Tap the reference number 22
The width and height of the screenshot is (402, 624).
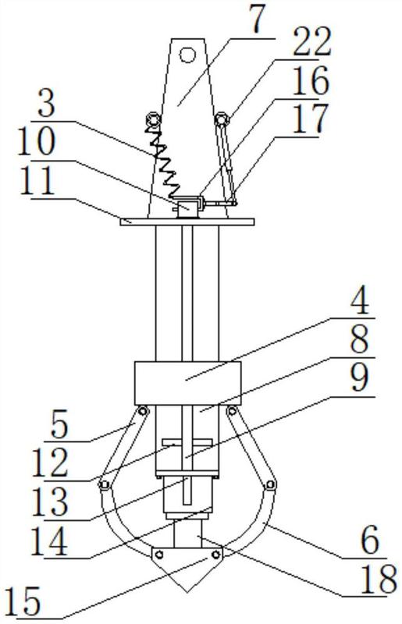pyautogui.click(x=312, y=41)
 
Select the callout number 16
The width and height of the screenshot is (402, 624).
pyautogui.click(x=311, y=80)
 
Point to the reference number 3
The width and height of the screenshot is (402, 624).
pyautogui.click(x=47, y=102)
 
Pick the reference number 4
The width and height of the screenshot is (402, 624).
pyautogui.click(x=360, y=300)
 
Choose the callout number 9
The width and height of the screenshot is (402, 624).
pyautogui.click(x=360, y=378)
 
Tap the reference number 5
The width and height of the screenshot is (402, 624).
pyautogui.click(x=59, y=425)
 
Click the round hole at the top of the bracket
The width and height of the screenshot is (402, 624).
pyautogui.click(x=187, y=54)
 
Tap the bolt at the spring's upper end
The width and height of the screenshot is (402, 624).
pyautogui.click(x=153, y=119)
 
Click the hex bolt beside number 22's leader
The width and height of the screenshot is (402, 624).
pyautogui.click(x=222, y=119)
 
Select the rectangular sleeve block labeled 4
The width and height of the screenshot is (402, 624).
pyautogui.click(x=187, y=383)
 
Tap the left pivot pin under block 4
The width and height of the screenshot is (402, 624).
pyautogui.click(x=142, y=411)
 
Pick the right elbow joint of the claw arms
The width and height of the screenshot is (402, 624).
pyautogui.click(x=271, y=484)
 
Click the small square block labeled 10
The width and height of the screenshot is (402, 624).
pyautogui.click(x=187, y=208)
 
